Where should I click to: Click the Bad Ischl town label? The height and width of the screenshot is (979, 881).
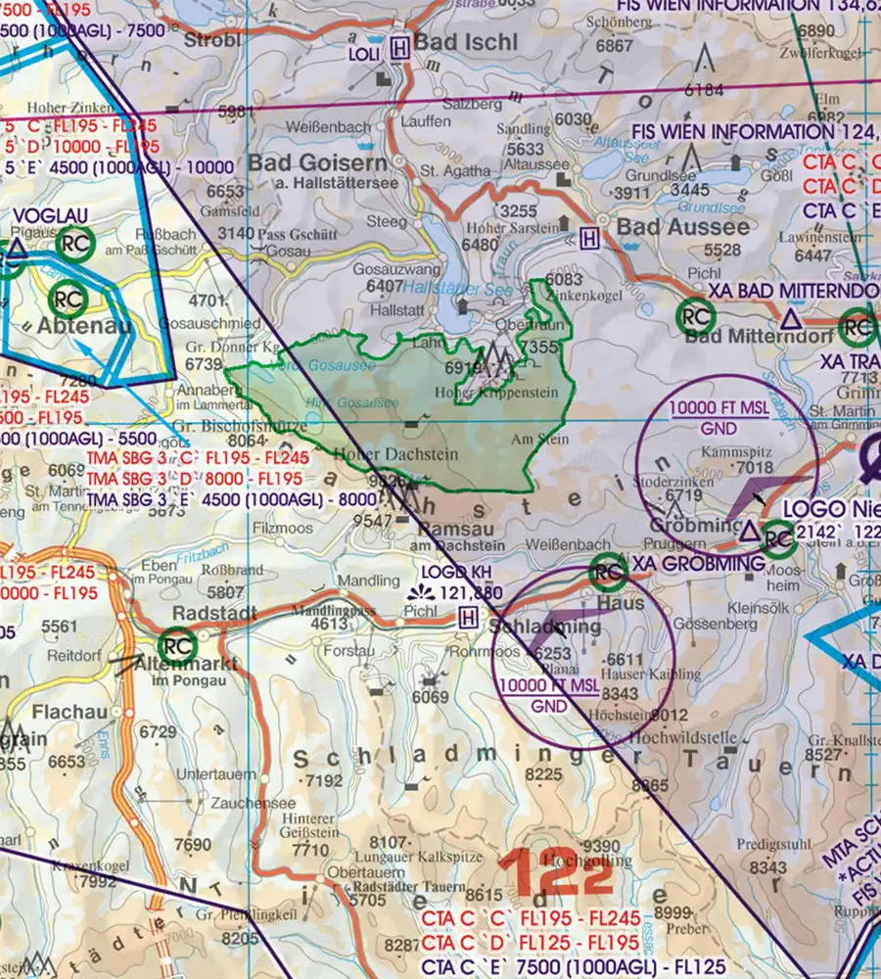click(x=465, y=42)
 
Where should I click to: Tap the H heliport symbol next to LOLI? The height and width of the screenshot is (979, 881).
click(x=399, y=47)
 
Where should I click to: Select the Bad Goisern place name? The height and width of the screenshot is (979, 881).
click(x=318, y=162)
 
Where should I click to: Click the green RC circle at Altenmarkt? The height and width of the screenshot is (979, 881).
click(x=178, y=646)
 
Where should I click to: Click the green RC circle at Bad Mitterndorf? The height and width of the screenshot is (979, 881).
click(x=696, y=317)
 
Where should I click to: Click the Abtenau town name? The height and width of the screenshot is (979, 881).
click(x=84, y=326)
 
